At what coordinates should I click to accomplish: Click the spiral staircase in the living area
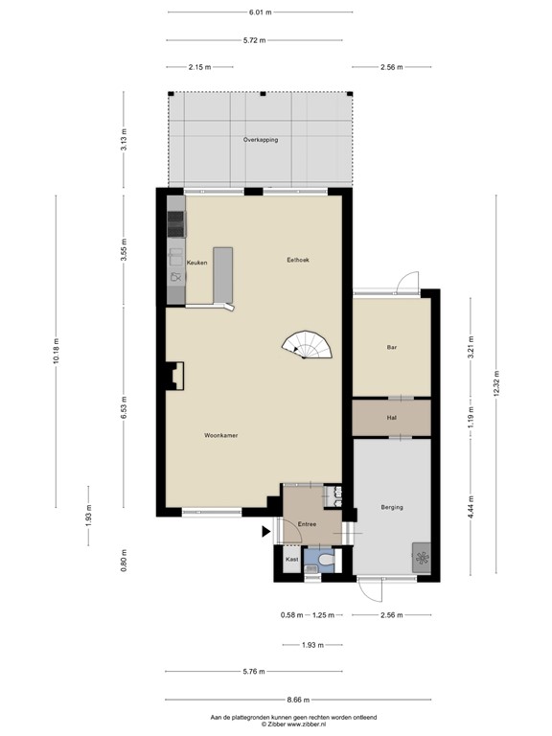(310, 345)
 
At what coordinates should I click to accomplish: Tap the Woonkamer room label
(221, 435)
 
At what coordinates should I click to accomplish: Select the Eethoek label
(297, 261)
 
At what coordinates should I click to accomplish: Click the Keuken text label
(196, 262)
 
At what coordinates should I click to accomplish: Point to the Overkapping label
(260, 140)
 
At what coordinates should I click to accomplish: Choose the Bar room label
(391, 347)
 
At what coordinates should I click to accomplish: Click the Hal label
(391, 418)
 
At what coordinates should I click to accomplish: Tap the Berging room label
(391, 507)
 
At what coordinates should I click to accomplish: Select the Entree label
(307, 524)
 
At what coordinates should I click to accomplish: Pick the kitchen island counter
(222, 274)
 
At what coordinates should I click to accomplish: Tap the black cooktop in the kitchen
(174, 224)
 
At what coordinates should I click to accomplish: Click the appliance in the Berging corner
(422, 557)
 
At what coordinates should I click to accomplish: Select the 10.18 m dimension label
(57, 355)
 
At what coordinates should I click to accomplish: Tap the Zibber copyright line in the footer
(275, 725)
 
